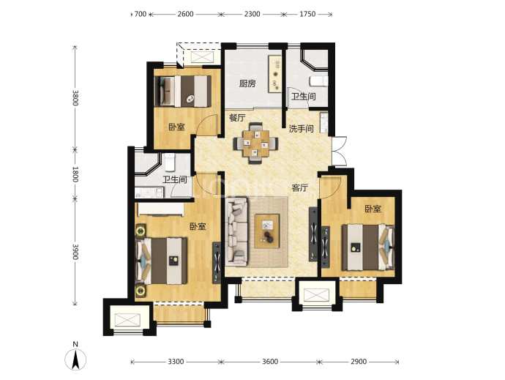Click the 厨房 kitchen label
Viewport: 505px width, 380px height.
(247, 83)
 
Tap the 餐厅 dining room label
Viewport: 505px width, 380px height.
(237, 118)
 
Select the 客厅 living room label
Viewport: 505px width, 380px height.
(300, 187)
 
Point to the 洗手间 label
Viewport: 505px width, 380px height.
(301, 129)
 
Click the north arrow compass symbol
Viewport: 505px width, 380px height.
(75, 359)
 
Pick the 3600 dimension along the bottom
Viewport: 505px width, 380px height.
(270, 362)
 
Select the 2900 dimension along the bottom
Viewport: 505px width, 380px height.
(359, 362)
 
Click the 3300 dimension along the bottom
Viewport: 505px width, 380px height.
(176, 362)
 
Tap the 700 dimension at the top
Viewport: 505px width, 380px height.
(141, 14)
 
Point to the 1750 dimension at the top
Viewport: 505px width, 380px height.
(307, 14)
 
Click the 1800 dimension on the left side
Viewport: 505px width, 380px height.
(75, 174)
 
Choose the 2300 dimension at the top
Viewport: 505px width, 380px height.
(252, 14)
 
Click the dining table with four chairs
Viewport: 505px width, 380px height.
(256, 143)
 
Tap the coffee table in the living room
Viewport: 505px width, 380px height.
(266, 231)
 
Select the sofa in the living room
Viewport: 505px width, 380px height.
(236, 231)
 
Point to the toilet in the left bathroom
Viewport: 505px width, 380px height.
(169, 162)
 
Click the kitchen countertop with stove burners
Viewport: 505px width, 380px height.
(275, 74)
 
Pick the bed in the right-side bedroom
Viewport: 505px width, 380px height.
(368, 247)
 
